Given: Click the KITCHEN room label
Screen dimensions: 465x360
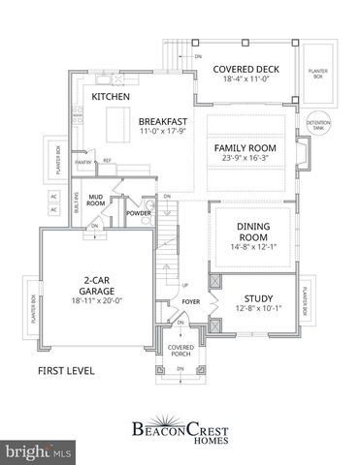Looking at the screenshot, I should pos(112,98).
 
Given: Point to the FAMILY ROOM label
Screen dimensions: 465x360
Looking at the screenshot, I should pos(245,148).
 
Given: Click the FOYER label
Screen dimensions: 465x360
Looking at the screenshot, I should pos(190,300).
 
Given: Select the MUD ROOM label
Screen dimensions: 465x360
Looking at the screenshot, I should pos(96,200).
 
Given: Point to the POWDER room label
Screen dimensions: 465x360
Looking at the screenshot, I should pos(138,211).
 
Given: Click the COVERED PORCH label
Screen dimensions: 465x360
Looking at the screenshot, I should pos(180,351).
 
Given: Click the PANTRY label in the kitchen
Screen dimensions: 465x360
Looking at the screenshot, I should pos(84,162).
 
